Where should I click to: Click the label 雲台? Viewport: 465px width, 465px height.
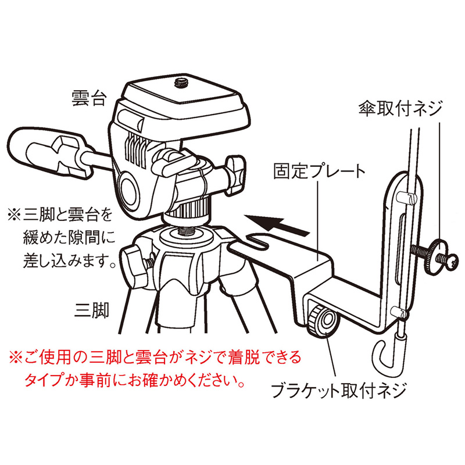tap(89, 98)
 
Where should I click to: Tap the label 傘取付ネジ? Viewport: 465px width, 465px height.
tap(400, 108)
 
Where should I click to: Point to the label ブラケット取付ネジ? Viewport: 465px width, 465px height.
tap(338, 391)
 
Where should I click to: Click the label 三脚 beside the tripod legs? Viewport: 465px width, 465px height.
tap(92, 310)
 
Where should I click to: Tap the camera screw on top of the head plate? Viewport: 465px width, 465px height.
tap(180, 83)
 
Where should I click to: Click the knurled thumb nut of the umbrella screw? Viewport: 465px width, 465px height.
tap(434, 256)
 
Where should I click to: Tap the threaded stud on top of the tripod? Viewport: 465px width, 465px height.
tap(187, 230)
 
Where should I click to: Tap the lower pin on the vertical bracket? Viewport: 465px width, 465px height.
tap(399, 313)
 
